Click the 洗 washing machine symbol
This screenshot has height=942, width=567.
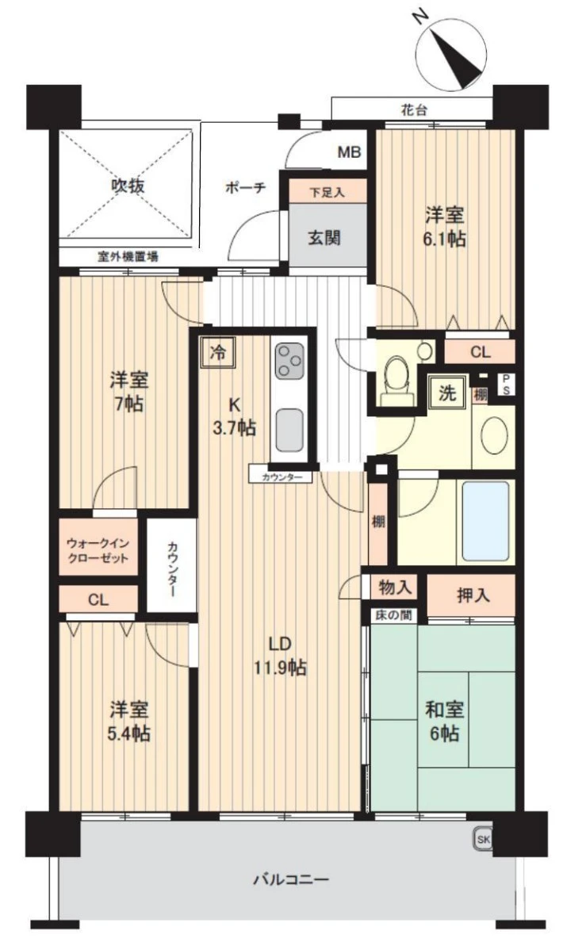446,393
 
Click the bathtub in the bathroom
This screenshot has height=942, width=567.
485,520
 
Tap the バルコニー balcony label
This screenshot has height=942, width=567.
291,880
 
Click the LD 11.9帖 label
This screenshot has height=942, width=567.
280,655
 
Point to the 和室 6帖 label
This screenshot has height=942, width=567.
444,721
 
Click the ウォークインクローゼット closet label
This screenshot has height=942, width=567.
98,550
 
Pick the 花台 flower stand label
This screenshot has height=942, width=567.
415,110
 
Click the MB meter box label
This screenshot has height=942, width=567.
349,152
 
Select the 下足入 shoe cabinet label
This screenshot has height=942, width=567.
328,193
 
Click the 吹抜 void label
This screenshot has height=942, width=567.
128,186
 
